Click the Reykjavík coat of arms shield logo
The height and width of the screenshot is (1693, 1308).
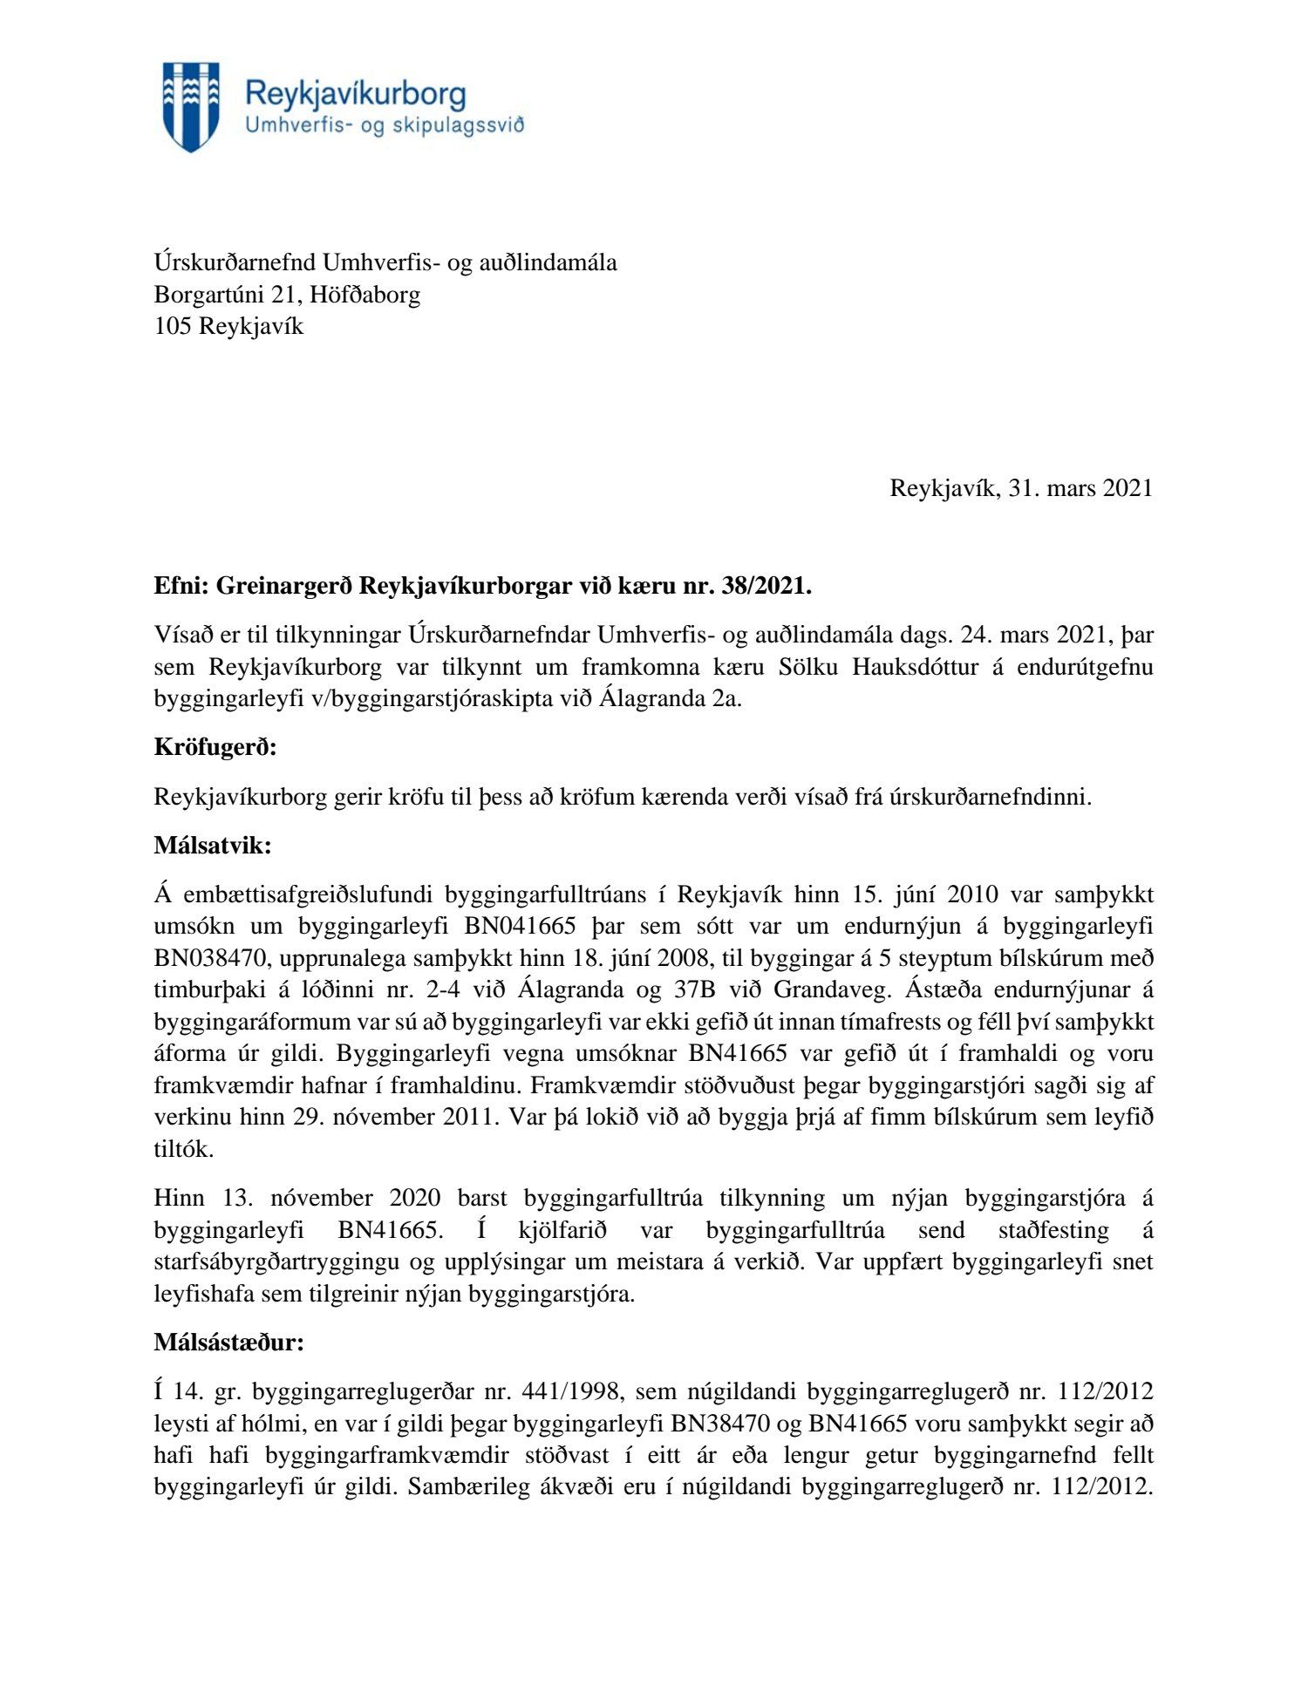pyautogui.click(x=191, y=106)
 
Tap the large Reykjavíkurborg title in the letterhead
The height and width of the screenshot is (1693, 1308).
pyautogui.click(x=355, y=94)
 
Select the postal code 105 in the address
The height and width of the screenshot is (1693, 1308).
pyautogui.click(x=173, y=327)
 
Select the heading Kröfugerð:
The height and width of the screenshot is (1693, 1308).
pyautogui.click(x=215, y=748)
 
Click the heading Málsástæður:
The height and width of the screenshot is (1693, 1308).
pyautogui.click(x=228, y=1343)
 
